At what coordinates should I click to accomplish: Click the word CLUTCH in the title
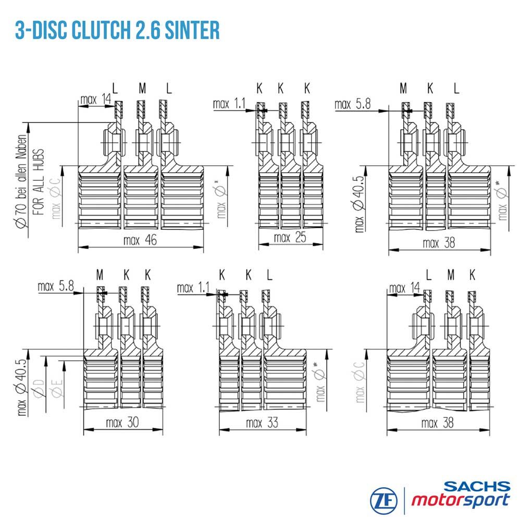[x=101, y=30]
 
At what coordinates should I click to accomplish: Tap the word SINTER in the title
[x=192, y=30]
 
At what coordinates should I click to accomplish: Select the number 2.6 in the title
[x=148, y=30]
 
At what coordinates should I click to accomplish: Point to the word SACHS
[x=477, y=487]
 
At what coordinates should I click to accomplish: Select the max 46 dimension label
[x=140, y=240]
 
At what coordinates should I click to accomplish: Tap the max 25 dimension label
[x=290, y=238]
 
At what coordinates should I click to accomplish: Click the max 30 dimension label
[x=122, y=423]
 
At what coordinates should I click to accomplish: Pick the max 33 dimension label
[x=262, y=423]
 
